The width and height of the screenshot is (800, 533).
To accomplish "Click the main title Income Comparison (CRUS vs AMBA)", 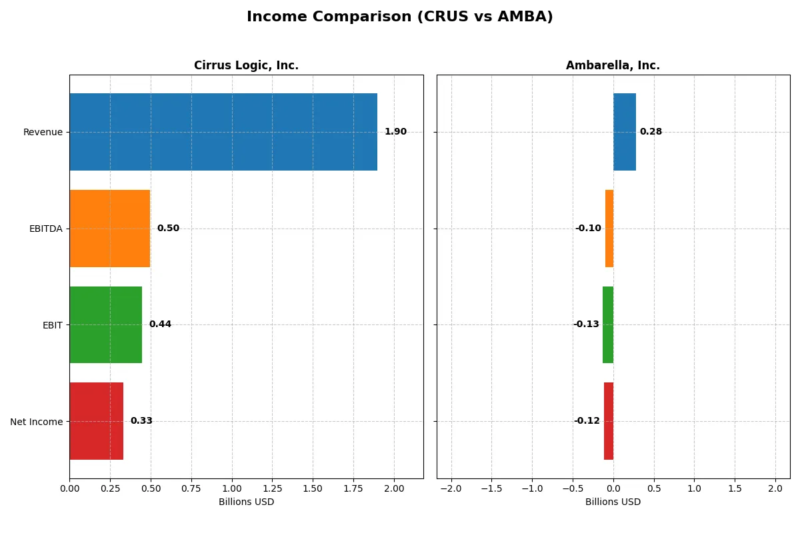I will point(399,17).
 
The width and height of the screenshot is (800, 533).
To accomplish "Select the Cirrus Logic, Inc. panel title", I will point(246,65).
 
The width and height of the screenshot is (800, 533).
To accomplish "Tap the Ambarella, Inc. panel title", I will point(613,65).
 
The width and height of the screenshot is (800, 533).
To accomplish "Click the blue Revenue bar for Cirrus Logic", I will point(223,132).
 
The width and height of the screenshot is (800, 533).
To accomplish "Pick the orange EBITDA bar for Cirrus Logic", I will point(110,229).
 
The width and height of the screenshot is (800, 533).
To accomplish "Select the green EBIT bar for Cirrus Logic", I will point(106,324).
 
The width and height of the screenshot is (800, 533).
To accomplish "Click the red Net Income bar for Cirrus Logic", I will point(97,421).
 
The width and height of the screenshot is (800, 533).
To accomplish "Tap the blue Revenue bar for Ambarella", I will point(625,132).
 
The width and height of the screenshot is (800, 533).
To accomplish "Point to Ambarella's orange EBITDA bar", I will point(609,229).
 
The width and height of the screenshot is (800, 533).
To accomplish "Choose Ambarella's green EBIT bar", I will point(608,324).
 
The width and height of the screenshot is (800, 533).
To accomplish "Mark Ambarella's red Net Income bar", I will point(609,421).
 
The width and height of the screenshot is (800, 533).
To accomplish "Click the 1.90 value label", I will point(395,132).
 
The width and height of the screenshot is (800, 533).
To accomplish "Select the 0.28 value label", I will point(651,132).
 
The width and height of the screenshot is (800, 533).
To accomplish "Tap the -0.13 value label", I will point(586,324).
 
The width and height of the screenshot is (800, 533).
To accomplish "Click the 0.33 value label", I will point(141,421).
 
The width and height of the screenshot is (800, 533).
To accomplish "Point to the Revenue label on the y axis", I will point(43,132).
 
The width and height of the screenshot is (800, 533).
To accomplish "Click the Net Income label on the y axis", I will point(37,422).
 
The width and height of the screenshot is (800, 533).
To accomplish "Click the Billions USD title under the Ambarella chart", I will point(613,502).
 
